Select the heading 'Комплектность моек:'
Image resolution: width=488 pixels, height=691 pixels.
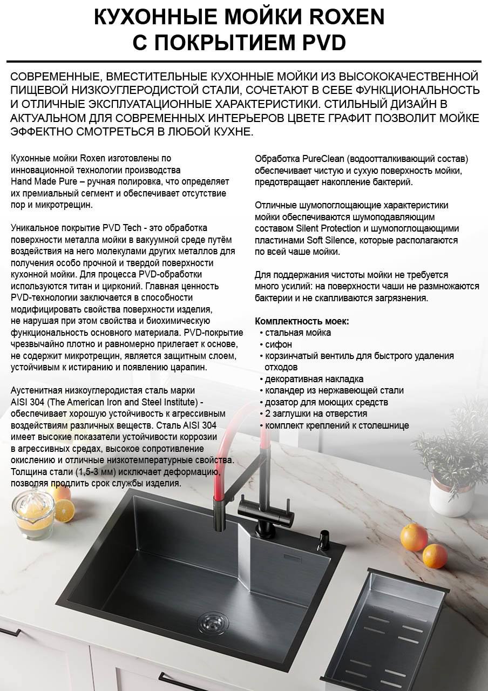pos(302,321)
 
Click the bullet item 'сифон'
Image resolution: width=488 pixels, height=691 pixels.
pos(279,344)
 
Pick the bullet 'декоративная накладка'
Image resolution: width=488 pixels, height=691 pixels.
pos(314,379)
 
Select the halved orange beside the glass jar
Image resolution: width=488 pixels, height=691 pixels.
pos(64,509)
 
